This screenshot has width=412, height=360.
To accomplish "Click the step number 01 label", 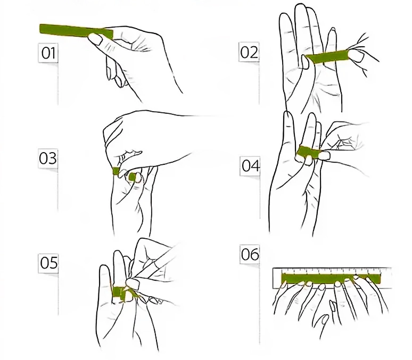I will [49, 53].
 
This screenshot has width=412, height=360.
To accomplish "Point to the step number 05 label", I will [48, 263].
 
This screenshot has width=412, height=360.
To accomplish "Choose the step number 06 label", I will [250, 255].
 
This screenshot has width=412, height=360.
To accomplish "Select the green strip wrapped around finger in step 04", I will [307, 153].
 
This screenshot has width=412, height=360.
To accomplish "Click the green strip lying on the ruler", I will [330, 278].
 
